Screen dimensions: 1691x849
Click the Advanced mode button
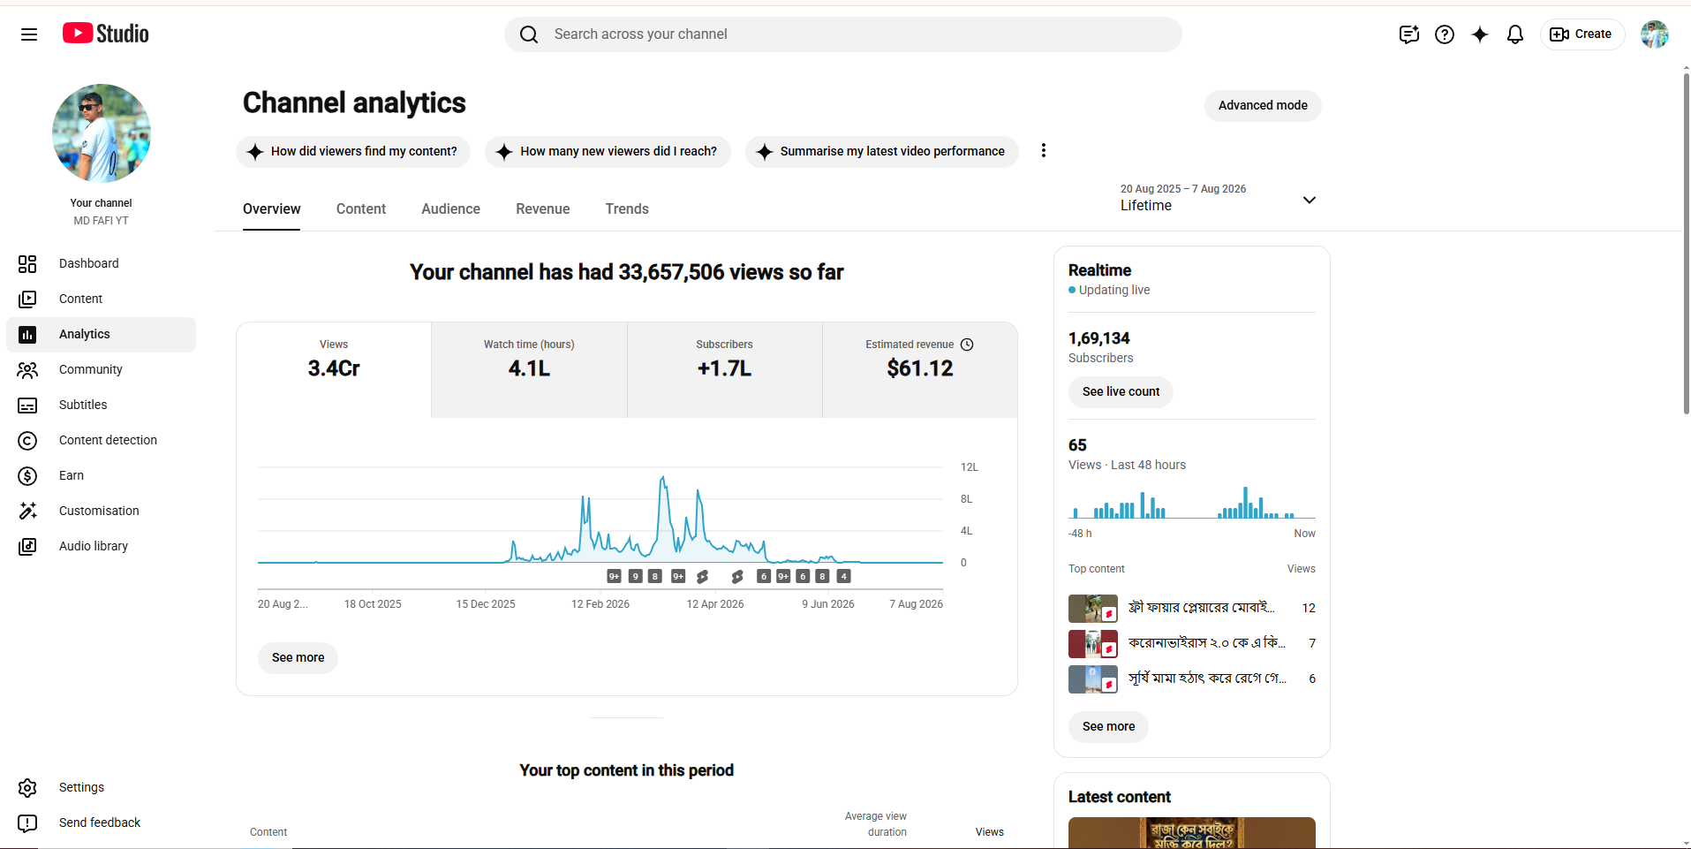1263,105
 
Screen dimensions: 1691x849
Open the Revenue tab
543,208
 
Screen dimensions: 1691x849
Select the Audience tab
450,208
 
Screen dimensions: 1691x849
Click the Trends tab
627,208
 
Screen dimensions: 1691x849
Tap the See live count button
1121,391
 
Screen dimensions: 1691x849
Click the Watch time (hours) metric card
529,369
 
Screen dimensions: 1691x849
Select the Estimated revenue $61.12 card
920,369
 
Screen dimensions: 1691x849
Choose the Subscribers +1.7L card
724,369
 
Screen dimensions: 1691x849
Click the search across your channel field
843,34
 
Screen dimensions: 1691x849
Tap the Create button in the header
1582,34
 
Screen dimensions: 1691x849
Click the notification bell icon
1515,34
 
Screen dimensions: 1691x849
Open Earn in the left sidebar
72,475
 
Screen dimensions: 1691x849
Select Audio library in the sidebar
94,546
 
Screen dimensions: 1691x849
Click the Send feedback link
100,822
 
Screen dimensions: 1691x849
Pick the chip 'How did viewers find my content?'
353,151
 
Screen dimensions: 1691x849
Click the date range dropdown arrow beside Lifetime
1310,200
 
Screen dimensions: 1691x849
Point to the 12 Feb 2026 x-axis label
600,604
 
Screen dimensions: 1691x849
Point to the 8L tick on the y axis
966,499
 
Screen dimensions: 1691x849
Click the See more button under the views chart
298,657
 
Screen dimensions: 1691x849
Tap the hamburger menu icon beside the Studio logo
29,34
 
